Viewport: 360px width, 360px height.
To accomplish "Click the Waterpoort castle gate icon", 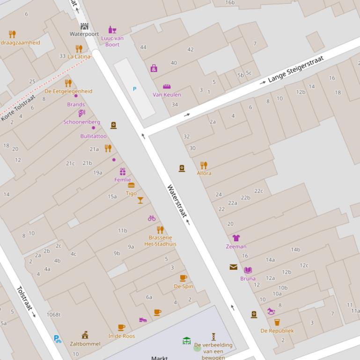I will point(84,26).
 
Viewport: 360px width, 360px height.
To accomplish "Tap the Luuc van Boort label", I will point(112,41).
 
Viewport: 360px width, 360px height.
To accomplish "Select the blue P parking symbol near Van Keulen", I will point(135,89).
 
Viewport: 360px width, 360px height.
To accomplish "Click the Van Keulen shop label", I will point(167,94).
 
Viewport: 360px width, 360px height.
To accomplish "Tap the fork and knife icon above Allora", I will point(204,165).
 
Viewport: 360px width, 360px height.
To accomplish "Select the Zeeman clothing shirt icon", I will point(236,238).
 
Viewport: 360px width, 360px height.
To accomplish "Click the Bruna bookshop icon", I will point(248,270).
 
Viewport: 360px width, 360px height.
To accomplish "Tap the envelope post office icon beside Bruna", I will point(233,267).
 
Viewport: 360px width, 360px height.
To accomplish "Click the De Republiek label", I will point(277,331).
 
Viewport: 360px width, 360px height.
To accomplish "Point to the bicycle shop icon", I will point(152,218).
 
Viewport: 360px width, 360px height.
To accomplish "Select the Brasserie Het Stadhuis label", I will point(160,241).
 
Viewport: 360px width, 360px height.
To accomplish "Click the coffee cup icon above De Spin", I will point(184,278).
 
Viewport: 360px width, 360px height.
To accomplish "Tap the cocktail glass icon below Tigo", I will point(140,201).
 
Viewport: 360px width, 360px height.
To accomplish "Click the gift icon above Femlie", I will point(123,172).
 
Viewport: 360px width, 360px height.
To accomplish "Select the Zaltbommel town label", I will point(85,344).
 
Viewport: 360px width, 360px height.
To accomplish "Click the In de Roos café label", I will point(122,336).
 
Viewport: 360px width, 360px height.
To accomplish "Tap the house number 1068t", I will point(53,315).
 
